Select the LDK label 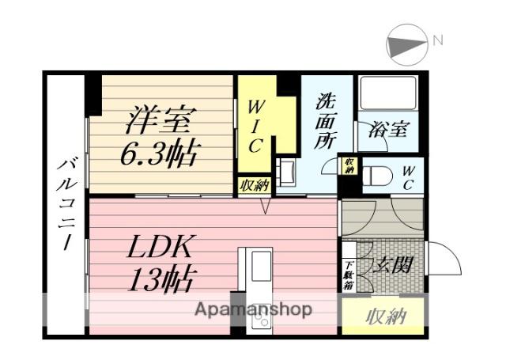[x=160, y=248]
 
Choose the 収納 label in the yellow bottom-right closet [x=386, y=316]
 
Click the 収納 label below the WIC [x=255, y=185]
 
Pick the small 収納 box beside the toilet [x=349, y=166]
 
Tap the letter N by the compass [x=437, y=40]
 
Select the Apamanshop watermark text [x=253, y=309]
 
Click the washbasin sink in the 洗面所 [x=285, y=171]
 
